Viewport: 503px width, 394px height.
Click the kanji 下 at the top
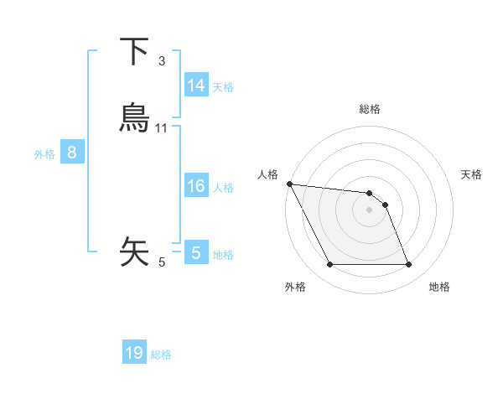(x=134, y=51)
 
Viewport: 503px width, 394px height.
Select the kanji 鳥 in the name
(x=134, y=118)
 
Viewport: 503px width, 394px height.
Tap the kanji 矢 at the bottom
(x=134, y=251)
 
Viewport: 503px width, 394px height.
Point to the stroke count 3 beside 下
(x=162, y=61)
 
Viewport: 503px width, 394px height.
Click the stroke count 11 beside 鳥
(x=162, y=128)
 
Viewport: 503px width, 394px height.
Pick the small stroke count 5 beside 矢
(x=162, y=262)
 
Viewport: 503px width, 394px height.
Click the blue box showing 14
(x=195, y=86)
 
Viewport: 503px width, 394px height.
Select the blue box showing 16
(x=195, y=186)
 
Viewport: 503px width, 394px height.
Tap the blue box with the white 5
(x=195, y=253)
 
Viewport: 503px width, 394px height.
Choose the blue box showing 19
(x=134, y=353)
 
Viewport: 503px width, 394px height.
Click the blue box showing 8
(x=72, y=153)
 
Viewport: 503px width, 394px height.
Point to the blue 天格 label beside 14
(x=223, y=87)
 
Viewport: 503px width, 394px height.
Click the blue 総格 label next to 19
(x=161, y=355)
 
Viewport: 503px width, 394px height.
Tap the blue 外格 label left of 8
(x=44, y=154)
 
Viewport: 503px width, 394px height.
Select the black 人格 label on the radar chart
(x=267, y=174)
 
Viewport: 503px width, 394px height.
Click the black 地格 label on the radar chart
(x=439, y=288)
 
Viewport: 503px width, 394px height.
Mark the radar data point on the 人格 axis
(x=289, y=184)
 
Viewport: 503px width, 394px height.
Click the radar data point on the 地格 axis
(x=408, y=265)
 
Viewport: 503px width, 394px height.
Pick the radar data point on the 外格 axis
(x=329, y=265)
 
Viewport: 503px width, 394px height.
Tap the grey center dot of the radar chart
(x=369, y=210)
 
